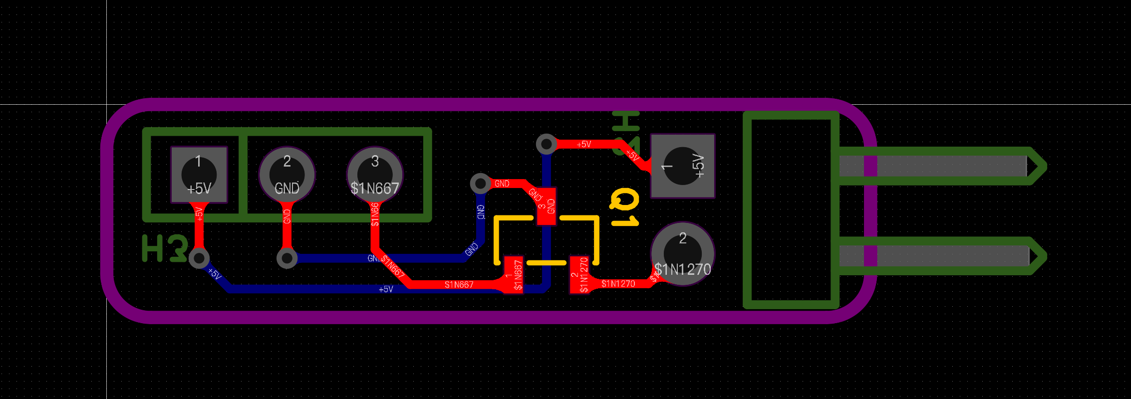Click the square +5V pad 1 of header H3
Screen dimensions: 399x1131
pos(199,175)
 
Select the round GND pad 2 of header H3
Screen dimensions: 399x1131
pos(287,175)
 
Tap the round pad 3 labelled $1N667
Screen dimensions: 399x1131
pos(375,175)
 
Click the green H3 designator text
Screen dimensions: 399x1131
pos(165,248)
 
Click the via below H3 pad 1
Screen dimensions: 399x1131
pos(199,258)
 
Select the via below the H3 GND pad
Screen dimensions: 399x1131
pos(287,258)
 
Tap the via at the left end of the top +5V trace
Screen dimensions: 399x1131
pos(547,144)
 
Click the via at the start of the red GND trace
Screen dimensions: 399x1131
pos(480,184)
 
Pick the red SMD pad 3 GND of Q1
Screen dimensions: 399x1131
pos(547,206)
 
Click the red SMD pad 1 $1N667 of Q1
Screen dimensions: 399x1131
pos(513,275)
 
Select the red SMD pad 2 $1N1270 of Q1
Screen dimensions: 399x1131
pos(579,275)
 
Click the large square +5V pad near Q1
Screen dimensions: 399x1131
pos(682,166)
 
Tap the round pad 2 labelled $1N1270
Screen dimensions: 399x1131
pos(682,254)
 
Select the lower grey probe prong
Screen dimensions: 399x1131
pos(933,256)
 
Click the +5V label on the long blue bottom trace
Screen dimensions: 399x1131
pos(386,289)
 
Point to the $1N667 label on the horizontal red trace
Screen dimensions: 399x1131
pos(459,285)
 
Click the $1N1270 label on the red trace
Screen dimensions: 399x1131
pos(618,284)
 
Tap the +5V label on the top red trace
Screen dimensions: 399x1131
pos(583,144)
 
